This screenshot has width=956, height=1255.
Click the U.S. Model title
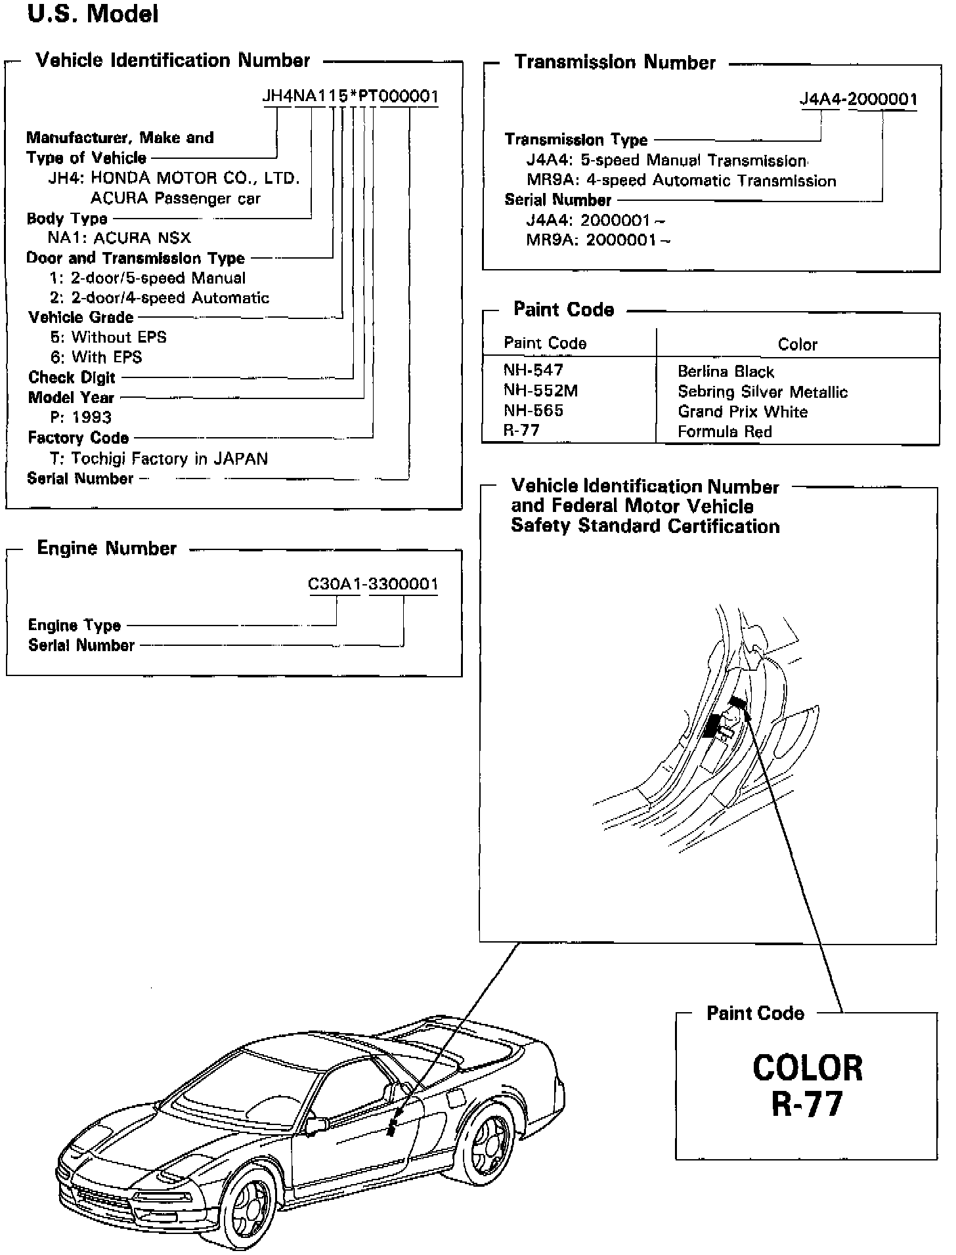93,14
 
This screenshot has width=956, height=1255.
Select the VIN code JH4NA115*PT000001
350,96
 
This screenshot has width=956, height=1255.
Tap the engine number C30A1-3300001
373,584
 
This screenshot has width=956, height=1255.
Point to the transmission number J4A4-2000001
858,99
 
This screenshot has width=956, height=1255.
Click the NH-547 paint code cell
533,370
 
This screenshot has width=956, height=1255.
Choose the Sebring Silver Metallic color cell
762,392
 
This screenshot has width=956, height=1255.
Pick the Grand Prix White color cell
743,412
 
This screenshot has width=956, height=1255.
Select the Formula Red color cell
725,431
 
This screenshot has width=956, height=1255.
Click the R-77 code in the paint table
521,431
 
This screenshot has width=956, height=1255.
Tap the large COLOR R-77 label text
807,1086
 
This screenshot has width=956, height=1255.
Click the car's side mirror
316,1126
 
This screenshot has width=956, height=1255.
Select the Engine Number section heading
106,548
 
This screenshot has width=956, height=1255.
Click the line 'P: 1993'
81,417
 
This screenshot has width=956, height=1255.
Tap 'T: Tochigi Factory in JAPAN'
159,458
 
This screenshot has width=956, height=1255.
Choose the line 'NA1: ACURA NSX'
119,238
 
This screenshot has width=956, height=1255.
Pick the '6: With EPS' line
97,357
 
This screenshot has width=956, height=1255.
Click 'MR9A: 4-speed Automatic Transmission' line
681,181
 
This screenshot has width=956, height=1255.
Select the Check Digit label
72,377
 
